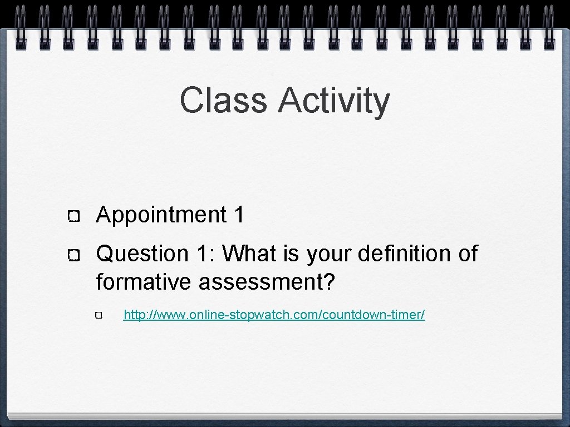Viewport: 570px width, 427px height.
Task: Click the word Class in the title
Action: coord(223,100)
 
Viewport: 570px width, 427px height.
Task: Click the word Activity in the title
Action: coord(334,101)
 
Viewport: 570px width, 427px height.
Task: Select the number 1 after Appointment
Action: coord(239,215)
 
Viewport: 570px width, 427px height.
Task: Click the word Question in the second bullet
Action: coord(142,254)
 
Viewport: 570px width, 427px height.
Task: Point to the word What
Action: coord(247,254)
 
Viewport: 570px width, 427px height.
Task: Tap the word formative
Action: coord(144,282)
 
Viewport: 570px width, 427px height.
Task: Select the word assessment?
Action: coord(267,282)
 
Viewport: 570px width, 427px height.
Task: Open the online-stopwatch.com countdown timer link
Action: coord(274,315)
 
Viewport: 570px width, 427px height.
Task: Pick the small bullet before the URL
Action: coord(99,316)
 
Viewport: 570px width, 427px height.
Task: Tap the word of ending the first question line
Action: coord(468,254)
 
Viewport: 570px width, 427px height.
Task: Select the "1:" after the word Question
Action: coord(205,254)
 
